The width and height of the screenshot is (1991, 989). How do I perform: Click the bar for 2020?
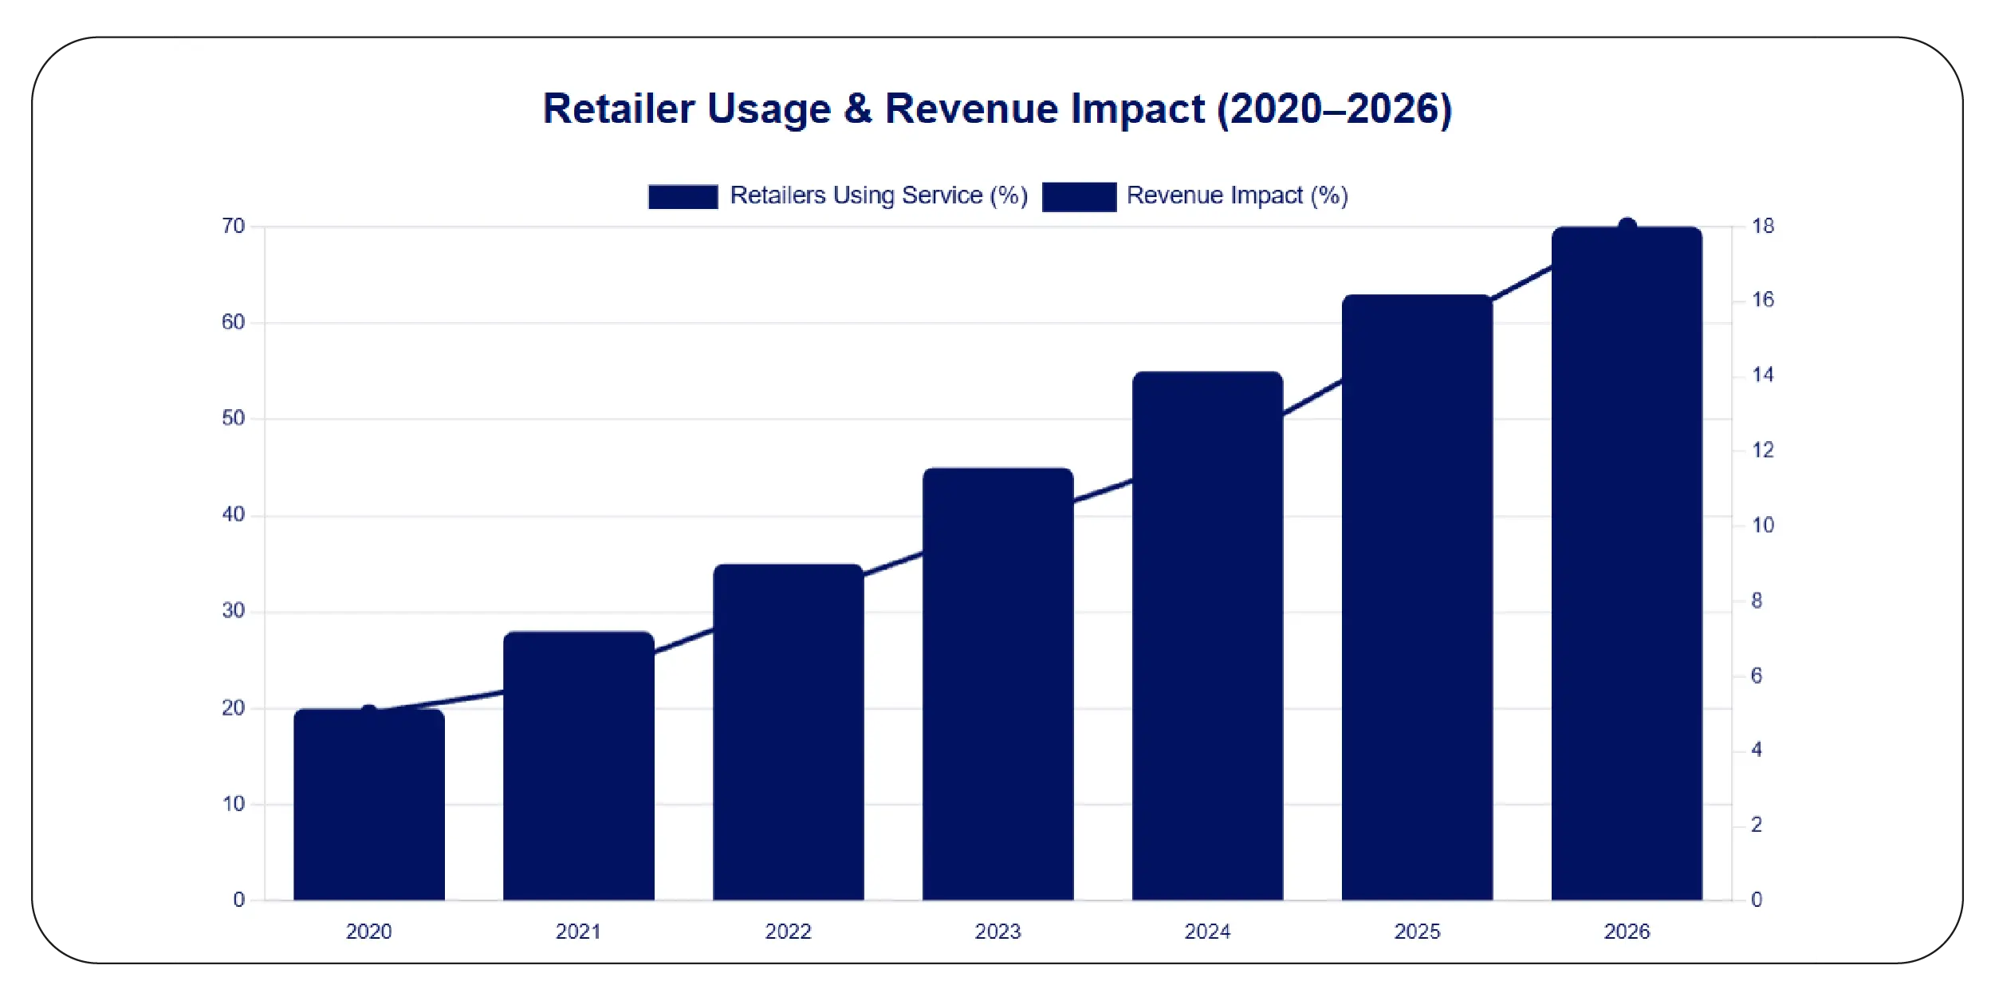coord(368,806)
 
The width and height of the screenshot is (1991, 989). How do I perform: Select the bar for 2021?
coord(578,766)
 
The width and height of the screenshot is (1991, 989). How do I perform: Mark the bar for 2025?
coord(1417,597)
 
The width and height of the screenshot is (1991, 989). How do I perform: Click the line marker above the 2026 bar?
coord(1627,227)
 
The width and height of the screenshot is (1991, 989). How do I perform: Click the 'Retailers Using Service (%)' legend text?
coord(879,195)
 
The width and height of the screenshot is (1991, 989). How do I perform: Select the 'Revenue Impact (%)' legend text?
coord(1237,195)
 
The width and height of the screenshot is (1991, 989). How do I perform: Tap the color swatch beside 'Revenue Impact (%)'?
coord(1079,196)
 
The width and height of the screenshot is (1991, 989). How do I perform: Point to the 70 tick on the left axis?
coord(234,227)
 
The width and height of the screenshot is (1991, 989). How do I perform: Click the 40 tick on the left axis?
coord(234,514)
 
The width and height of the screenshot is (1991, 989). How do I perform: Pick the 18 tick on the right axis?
coord(1763,227)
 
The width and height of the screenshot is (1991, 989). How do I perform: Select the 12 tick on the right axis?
coord(1763,451)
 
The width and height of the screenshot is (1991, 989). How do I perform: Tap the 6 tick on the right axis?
coord(1757,676)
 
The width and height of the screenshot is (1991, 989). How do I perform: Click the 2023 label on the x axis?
coord(997,932)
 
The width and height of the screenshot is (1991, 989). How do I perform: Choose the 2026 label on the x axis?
coord(1627,932)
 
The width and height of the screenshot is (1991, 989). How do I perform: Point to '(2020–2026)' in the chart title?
coord(1334,109)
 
